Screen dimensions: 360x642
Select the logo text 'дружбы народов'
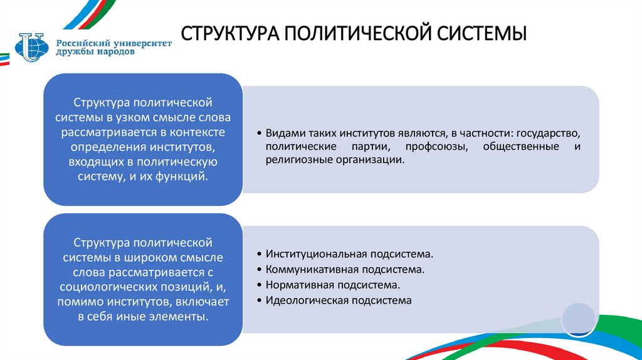[94, 52]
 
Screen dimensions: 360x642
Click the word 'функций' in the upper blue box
[182, 177]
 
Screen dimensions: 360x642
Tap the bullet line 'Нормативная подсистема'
[332, 285]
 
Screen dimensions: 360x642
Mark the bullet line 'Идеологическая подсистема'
[338, 300]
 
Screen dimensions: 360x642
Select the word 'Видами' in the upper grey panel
[283, 134]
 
